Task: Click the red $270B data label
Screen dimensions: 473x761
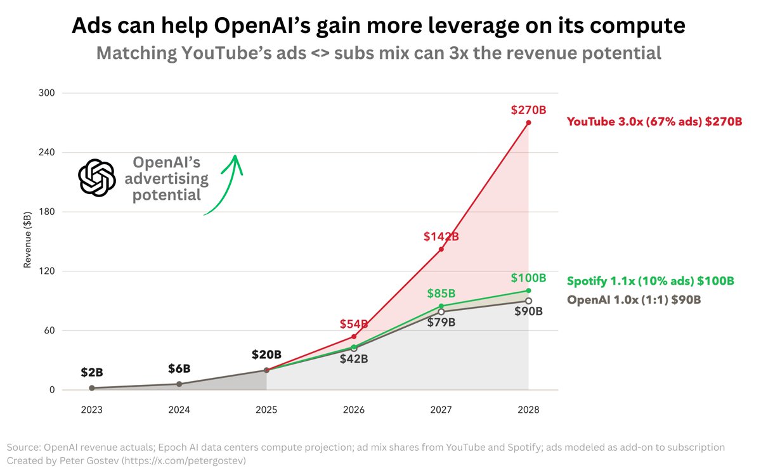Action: click(528, 110)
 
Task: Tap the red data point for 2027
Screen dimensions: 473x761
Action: click(441, 249)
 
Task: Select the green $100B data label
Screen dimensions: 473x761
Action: click(528, 278)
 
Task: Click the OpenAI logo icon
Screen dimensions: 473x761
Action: click(96, 177)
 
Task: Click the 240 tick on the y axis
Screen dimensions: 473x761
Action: click(47, 152)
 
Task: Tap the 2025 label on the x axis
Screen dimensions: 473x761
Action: click(266, 410)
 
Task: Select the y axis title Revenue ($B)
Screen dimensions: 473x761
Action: click(27, 241)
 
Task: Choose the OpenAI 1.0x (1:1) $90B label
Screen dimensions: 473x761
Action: click(634, 300)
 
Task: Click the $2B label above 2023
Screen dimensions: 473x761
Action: click(92, 372)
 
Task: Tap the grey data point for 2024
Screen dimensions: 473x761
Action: click(179, 384)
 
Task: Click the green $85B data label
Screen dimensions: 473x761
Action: click(441, 293)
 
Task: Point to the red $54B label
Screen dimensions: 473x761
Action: click(354, 323)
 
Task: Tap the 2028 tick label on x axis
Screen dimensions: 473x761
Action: click(528, 410)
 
